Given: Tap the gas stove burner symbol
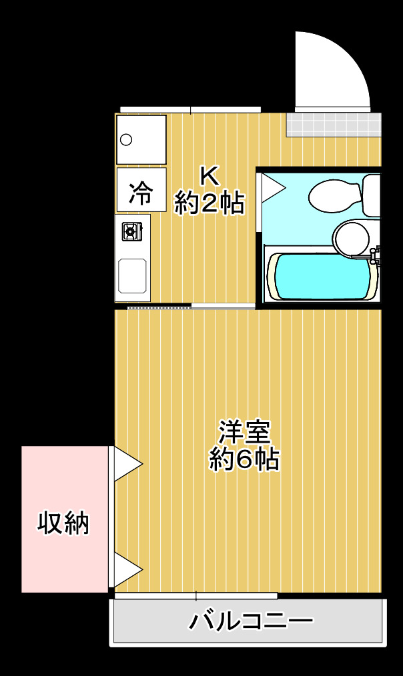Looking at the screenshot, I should (131, 231).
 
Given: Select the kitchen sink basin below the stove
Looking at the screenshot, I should (133, 275).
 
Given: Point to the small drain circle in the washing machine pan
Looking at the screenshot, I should (125, 139).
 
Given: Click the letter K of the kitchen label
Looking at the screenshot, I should (209, 177).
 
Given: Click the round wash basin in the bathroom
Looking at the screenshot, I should (352, 237).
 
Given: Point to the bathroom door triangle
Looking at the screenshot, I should (271, 188).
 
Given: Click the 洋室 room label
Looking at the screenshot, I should (245, 432).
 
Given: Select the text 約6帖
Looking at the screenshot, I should (244, 459).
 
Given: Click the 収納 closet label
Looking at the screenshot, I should (63, 523).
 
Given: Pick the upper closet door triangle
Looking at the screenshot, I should (127, 463).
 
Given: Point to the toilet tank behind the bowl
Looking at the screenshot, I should (372, 195).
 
